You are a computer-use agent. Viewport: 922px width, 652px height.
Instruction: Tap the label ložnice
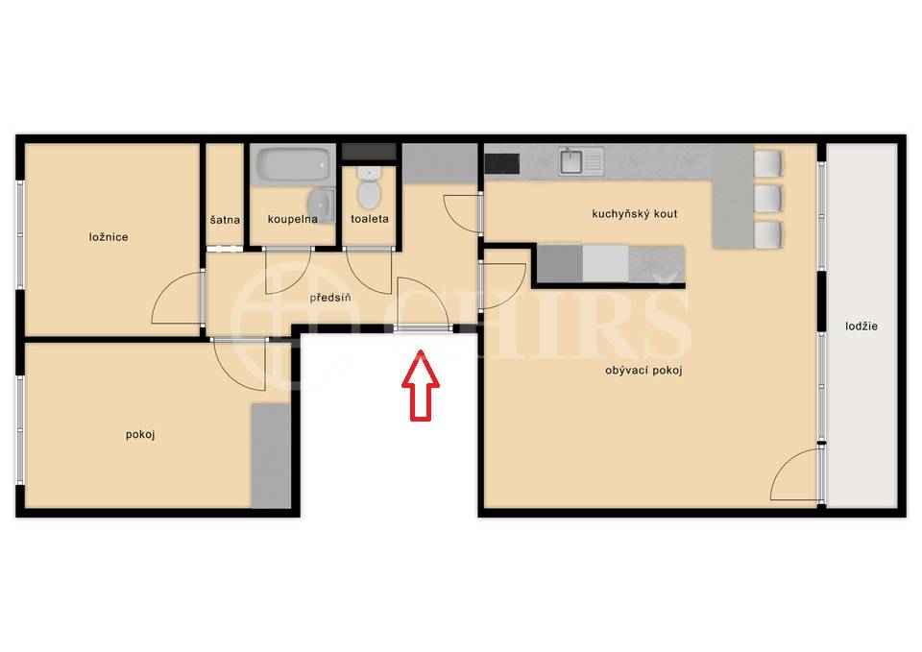point(109,237)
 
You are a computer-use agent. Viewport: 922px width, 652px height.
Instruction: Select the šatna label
point(225,220)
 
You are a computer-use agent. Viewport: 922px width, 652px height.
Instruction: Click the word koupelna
point(292,219)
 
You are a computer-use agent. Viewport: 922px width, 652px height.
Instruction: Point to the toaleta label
point(369,219)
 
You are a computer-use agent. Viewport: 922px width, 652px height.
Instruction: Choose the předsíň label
point(330,298)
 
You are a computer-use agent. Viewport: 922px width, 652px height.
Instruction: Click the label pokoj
point(140,434)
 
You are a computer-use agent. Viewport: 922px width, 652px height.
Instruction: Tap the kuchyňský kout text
point(635,214)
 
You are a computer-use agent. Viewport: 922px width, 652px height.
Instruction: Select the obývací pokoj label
point(643,371)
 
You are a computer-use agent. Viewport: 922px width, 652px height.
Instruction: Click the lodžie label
point(861,326)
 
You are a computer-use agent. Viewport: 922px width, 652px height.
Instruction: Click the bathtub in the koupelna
point(293,164)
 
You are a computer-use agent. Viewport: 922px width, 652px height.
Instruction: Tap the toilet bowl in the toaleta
point(369,189)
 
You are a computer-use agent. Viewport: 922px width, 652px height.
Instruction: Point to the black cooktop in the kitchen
point(502,163)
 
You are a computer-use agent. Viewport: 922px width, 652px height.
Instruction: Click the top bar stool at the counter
point(768,163)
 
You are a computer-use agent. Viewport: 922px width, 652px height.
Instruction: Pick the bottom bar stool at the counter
point(768,235)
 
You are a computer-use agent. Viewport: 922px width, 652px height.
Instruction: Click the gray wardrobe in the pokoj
point(271,456)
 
